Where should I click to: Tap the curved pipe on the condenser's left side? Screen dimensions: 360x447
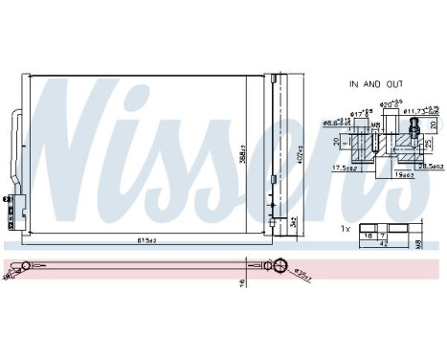pos(15,139)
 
